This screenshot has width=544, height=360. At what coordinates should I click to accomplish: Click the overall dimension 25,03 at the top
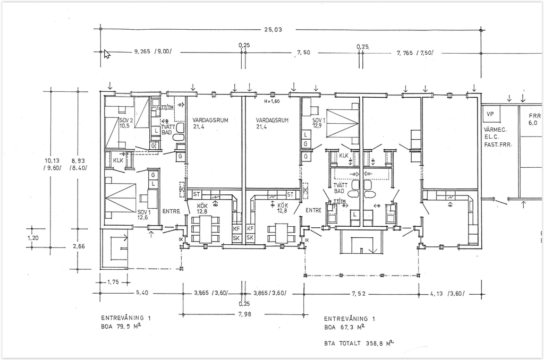point(273,30)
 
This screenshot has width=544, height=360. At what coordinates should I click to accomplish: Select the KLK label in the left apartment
point(118,159)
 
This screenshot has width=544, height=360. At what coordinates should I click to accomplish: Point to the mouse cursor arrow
point(107,54)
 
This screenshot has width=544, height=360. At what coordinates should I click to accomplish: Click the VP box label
point(490,114)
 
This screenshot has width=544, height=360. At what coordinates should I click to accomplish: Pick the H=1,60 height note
point(271,101)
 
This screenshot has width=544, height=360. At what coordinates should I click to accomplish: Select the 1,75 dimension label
point(113,282)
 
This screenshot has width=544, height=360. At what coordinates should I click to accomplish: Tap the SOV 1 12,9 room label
point(318,123)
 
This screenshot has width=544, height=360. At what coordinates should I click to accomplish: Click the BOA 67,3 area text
point(344,327)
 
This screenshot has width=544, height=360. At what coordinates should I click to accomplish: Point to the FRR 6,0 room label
point(534,119)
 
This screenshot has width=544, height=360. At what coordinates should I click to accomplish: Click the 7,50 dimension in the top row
point(303,53)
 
